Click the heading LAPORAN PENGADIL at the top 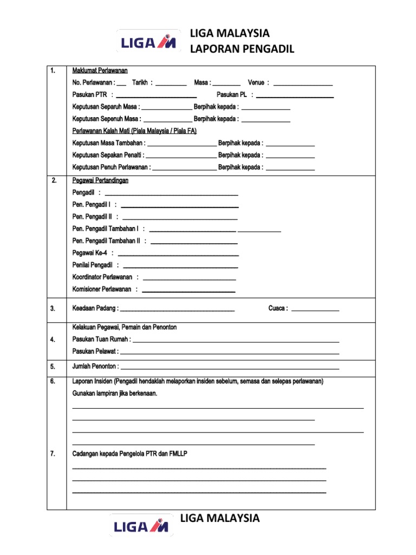pos(242,49)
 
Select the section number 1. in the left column pos(53,71)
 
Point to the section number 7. pos(53,454)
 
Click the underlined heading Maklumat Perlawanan pos(100,71)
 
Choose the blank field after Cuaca pos(315,309)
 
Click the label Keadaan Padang pos(95,308)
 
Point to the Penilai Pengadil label pos(92,265)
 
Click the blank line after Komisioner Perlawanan pos(188,291)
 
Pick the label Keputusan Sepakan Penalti pos(108,155)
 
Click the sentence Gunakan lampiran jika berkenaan pos(114,393)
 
